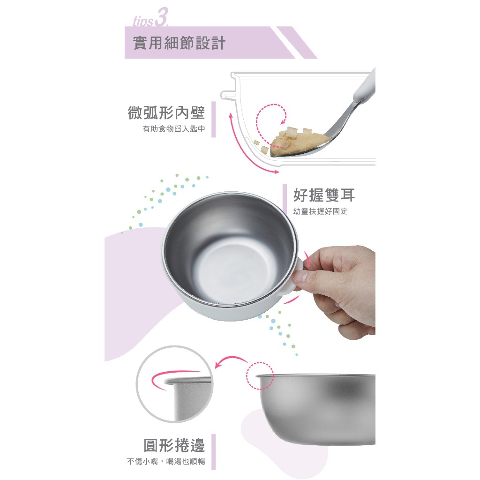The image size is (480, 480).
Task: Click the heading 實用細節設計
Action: tap(180, 43)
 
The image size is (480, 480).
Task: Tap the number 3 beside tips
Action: tap(161, 18)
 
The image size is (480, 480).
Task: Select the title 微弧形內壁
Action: tap(166, 112)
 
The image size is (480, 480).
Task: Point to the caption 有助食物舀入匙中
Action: tap(174, 129)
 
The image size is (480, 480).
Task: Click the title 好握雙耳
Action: tap(324, 195)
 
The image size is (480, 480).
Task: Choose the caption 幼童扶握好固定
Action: tap(321, 211)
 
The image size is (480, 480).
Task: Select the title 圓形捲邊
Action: tap(174, 445)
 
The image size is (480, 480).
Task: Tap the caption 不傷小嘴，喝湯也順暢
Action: tap(166, 461)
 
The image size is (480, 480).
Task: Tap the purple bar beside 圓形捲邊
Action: tap(213, 452)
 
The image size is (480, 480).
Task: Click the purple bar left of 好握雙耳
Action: tap(285, 202)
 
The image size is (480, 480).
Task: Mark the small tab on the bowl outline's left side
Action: tap(226, 95)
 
